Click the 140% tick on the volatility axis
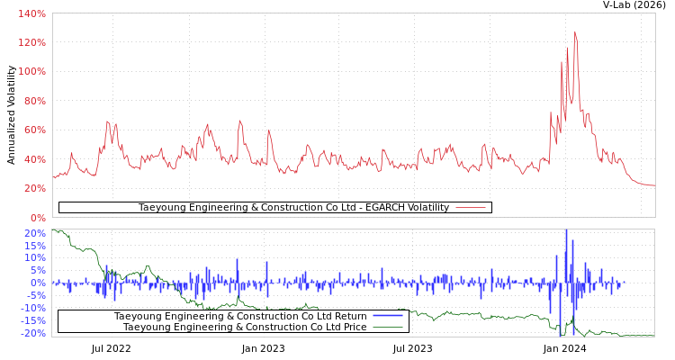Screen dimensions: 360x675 click(x=32, y=13)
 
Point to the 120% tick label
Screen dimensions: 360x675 click(x=32, y=43)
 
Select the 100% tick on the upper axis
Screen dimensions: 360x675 click(x=32, y=72)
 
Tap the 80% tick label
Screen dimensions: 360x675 click(x=34, y=101)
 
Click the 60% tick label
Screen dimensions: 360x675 click(x=34, y=130)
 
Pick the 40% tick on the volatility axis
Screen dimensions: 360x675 click(x=34, y=159)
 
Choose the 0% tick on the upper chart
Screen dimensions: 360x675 click(x=38, y=218)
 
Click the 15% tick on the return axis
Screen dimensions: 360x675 click(x=34, y=246)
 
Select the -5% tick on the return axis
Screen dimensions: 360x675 click(x=34, y=295)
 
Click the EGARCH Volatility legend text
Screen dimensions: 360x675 click(x=293, y=208)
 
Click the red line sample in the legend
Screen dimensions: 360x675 click(x=471, y=208)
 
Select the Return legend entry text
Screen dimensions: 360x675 click(x=240, y=316)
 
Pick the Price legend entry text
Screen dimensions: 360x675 click(x=245, y=327)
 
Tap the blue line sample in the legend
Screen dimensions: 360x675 click(x=388, y=316)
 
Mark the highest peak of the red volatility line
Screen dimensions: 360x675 click(x=574, y=32)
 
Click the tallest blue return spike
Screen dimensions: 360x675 click(x=566, y=232)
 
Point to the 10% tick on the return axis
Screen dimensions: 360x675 click(x=34, y=258)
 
